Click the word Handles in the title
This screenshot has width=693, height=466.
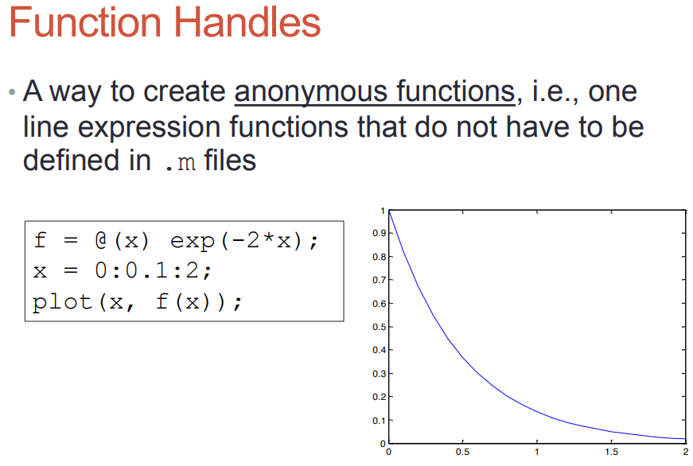point(247,22)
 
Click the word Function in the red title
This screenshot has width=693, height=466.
point(85,22)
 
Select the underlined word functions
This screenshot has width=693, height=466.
point(456,91)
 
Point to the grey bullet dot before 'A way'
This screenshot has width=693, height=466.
point(12,92)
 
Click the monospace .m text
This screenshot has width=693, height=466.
point(180,162)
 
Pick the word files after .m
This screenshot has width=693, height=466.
point(230,160)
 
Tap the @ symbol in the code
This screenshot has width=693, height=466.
point(101,240)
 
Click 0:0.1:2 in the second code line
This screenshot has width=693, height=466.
point(150,270)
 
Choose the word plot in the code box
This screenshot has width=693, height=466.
point(62,302)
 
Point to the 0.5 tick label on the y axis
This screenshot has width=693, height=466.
point(380,327)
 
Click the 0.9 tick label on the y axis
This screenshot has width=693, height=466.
point(380,233)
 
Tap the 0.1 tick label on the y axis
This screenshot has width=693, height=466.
point(380,421)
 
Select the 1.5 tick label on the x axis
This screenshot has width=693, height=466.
point(612,452)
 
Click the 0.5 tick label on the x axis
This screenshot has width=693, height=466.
point(463,452)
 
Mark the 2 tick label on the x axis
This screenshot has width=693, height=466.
point(686,452)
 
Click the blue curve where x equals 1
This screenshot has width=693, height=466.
point(537,412)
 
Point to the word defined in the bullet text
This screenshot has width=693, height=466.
point(71,160)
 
